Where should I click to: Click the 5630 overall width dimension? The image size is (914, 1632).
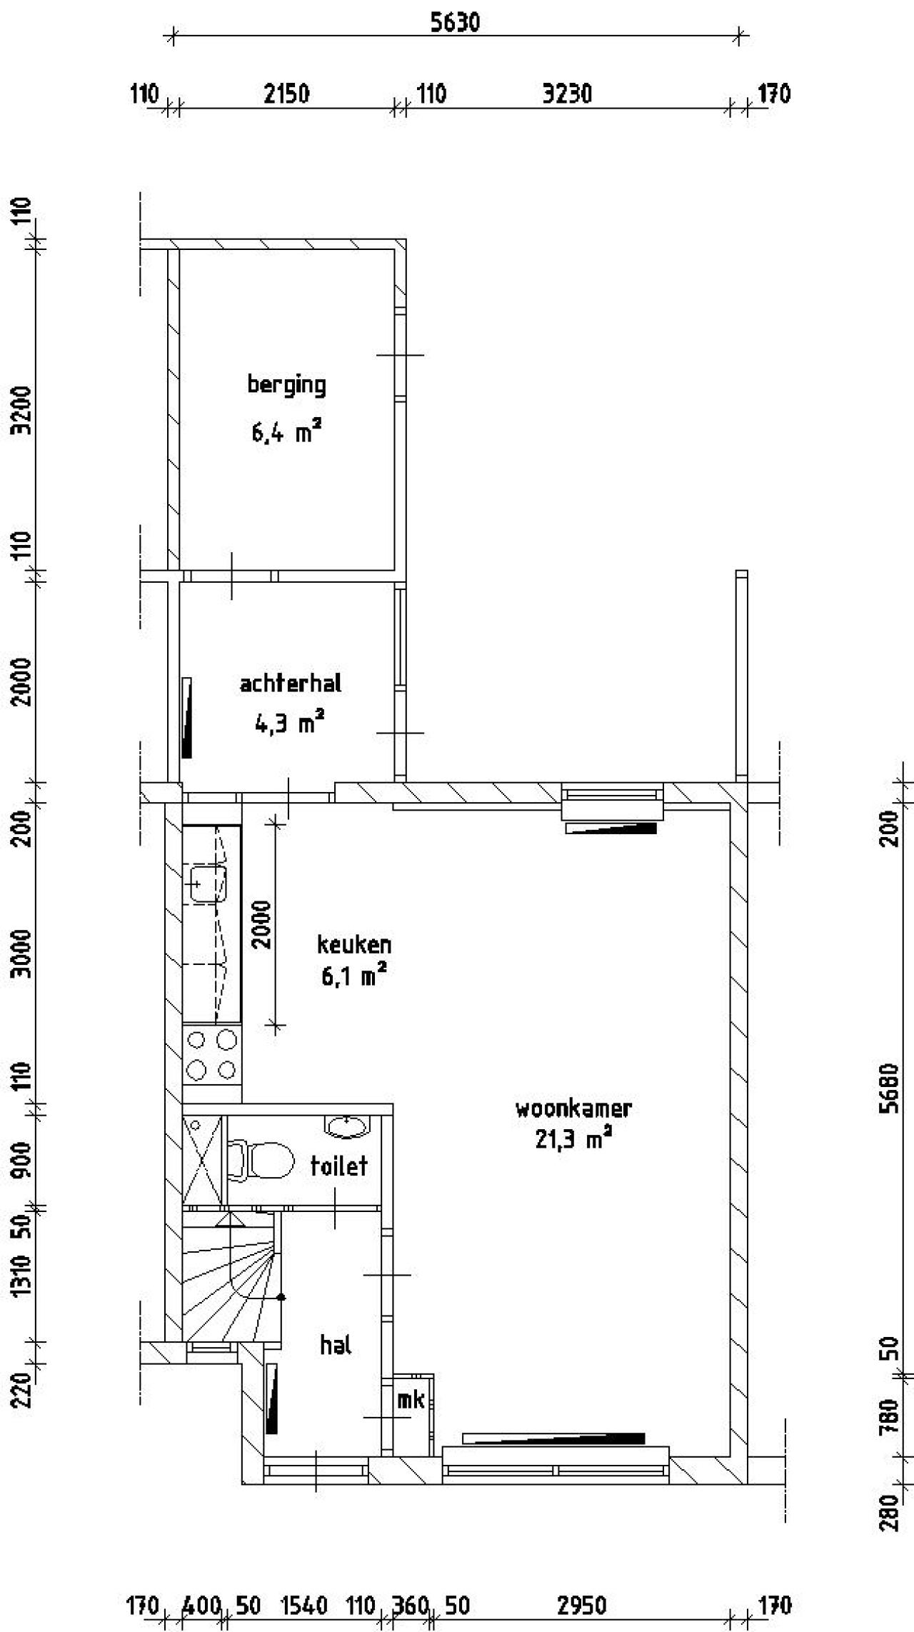(x=455, y=23)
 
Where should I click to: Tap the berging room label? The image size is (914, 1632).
(x=286, y=385)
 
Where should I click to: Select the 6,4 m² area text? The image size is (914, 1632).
(x=286, y=432)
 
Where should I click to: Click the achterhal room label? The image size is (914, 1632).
(x=291, y=684)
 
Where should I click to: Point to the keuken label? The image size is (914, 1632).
(x=354, y=945)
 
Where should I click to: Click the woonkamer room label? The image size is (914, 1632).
(x=573, y=1108)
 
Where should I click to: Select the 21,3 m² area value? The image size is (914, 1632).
(x=573, y=1140)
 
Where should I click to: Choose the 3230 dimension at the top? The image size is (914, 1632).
(x=567, y=94)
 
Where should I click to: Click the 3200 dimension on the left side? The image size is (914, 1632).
(x=24, y=410)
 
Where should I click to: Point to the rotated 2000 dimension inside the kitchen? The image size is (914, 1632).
(x=262, y=924)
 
